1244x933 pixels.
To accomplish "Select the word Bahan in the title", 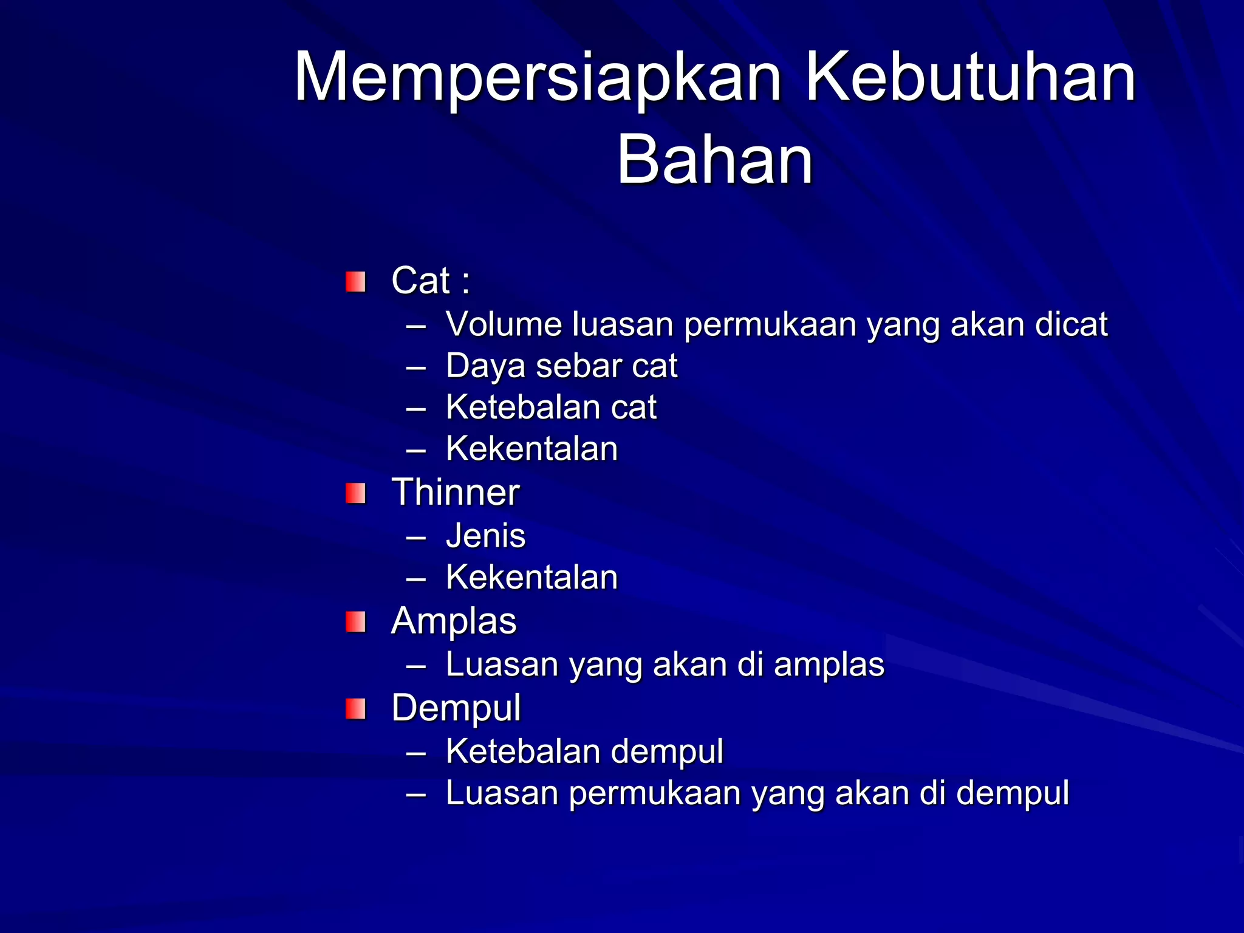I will (714, 160).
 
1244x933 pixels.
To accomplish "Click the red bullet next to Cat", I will (355, 282).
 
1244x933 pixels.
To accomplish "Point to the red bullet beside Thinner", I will (355, 493).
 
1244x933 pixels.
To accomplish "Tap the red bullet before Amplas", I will (355, 622).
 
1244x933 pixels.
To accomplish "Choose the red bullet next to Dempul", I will (355, 709).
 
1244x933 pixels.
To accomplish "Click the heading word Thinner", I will (455, 492).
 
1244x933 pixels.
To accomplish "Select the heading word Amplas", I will (454, 621).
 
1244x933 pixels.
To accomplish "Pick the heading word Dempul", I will (456, 708).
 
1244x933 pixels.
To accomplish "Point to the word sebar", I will (579, 366).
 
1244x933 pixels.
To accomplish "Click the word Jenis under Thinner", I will (485, 536).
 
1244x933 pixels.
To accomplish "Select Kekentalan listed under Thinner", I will (531, 577).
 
